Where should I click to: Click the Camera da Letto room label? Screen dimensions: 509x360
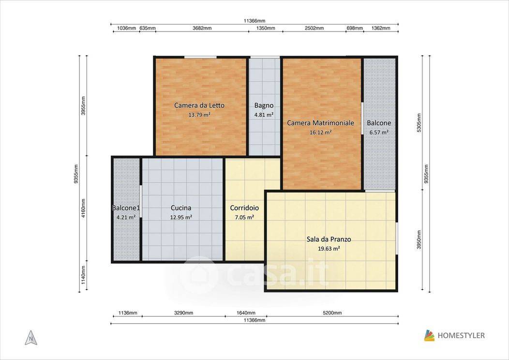coord(199,105)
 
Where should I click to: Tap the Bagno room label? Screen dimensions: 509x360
coord(264,105)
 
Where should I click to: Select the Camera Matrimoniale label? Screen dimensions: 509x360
coord(320,123)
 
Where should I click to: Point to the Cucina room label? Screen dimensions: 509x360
coord(181,208)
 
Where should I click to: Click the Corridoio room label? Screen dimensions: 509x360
coord(244,208)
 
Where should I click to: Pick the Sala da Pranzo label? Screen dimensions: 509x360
coord(329,240)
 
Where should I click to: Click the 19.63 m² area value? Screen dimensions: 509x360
coord(329,249)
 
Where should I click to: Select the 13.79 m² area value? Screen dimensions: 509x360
coord(199,115)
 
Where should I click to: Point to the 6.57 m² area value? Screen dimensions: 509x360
coord(379,132)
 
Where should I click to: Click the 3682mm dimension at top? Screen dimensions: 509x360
coord(202,28)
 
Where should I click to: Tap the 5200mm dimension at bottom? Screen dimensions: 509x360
coord(332,313)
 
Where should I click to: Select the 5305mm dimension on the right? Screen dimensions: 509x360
coord(419,123)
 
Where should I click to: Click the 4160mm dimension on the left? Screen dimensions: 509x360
coord(83,208)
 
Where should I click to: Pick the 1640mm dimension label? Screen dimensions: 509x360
coord(246,313)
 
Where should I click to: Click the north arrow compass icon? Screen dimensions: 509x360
coord(31,338)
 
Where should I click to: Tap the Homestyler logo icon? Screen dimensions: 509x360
coord(429,336)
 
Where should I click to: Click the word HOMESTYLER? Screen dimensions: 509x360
coord(461,336)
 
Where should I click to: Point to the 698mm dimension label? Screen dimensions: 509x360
coord(355,28)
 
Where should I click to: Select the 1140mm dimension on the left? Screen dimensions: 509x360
coord(83,275)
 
